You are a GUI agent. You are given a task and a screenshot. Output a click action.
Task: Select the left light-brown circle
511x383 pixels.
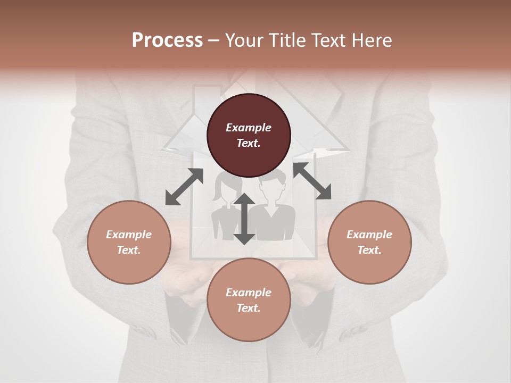point(129,242)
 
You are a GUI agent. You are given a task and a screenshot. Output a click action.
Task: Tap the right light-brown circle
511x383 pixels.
point(369,242)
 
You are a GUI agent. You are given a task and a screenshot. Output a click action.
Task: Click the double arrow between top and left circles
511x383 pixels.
point(184,187)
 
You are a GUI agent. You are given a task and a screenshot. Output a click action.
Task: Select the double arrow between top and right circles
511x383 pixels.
point(312,181)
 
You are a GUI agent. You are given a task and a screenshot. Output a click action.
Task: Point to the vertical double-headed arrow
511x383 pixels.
point(244,219)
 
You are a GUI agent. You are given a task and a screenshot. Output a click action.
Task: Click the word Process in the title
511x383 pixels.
point(167,40)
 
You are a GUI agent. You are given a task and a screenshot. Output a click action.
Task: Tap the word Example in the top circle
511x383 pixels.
point(249,128)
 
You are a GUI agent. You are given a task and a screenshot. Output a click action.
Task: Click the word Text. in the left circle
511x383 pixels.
point(129,250)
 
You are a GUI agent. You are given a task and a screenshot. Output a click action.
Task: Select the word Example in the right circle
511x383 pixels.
point(369,235)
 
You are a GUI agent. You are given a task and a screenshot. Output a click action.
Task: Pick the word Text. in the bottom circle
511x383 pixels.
point(249,308)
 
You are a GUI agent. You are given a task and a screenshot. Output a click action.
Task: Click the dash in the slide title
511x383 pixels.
point(214,40)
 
